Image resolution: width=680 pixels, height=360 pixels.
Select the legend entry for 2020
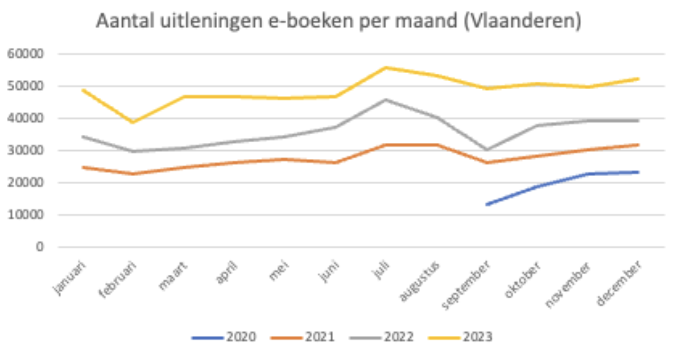[224, 337]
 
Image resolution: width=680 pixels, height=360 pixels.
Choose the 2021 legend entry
[303, 337]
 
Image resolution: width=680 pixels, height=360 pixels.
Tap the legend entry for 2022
[382, 337]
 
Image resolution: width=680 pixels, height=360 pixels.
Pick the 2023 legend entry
[461, 337]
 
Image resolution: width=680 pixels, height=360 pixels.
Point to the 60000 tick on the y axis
[26, 54]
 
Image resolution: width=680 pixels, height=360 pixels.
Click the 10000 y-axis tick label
[26, 215]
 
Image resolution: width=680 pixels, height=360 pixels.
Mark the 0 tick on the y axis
[40, 247]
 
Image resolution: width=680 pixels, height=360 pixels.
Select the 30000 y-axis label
[26, 150]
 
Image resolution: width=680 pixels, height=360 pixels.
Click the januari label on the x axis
[70, 278]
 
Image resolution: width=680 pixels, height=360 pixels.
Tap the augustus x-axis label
[419, 281]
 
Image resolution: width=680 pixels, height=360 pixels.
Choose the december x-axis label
[619, 283]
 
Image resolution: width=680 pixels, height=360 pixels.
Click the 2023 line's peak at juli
[385, 67]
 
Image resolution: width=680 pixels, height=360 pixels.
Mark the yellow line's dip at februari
[133, 122]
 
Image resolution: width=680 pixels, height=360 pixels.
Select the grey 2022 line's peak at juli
[385, 100]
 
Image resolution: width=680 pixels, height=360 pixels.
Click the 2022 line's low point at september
[487, 150]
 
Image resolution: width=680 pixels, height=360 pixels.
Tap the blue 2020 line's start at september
[487, 205]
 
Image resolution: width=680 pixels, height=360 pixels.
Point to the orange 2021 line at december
[638, 145]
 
